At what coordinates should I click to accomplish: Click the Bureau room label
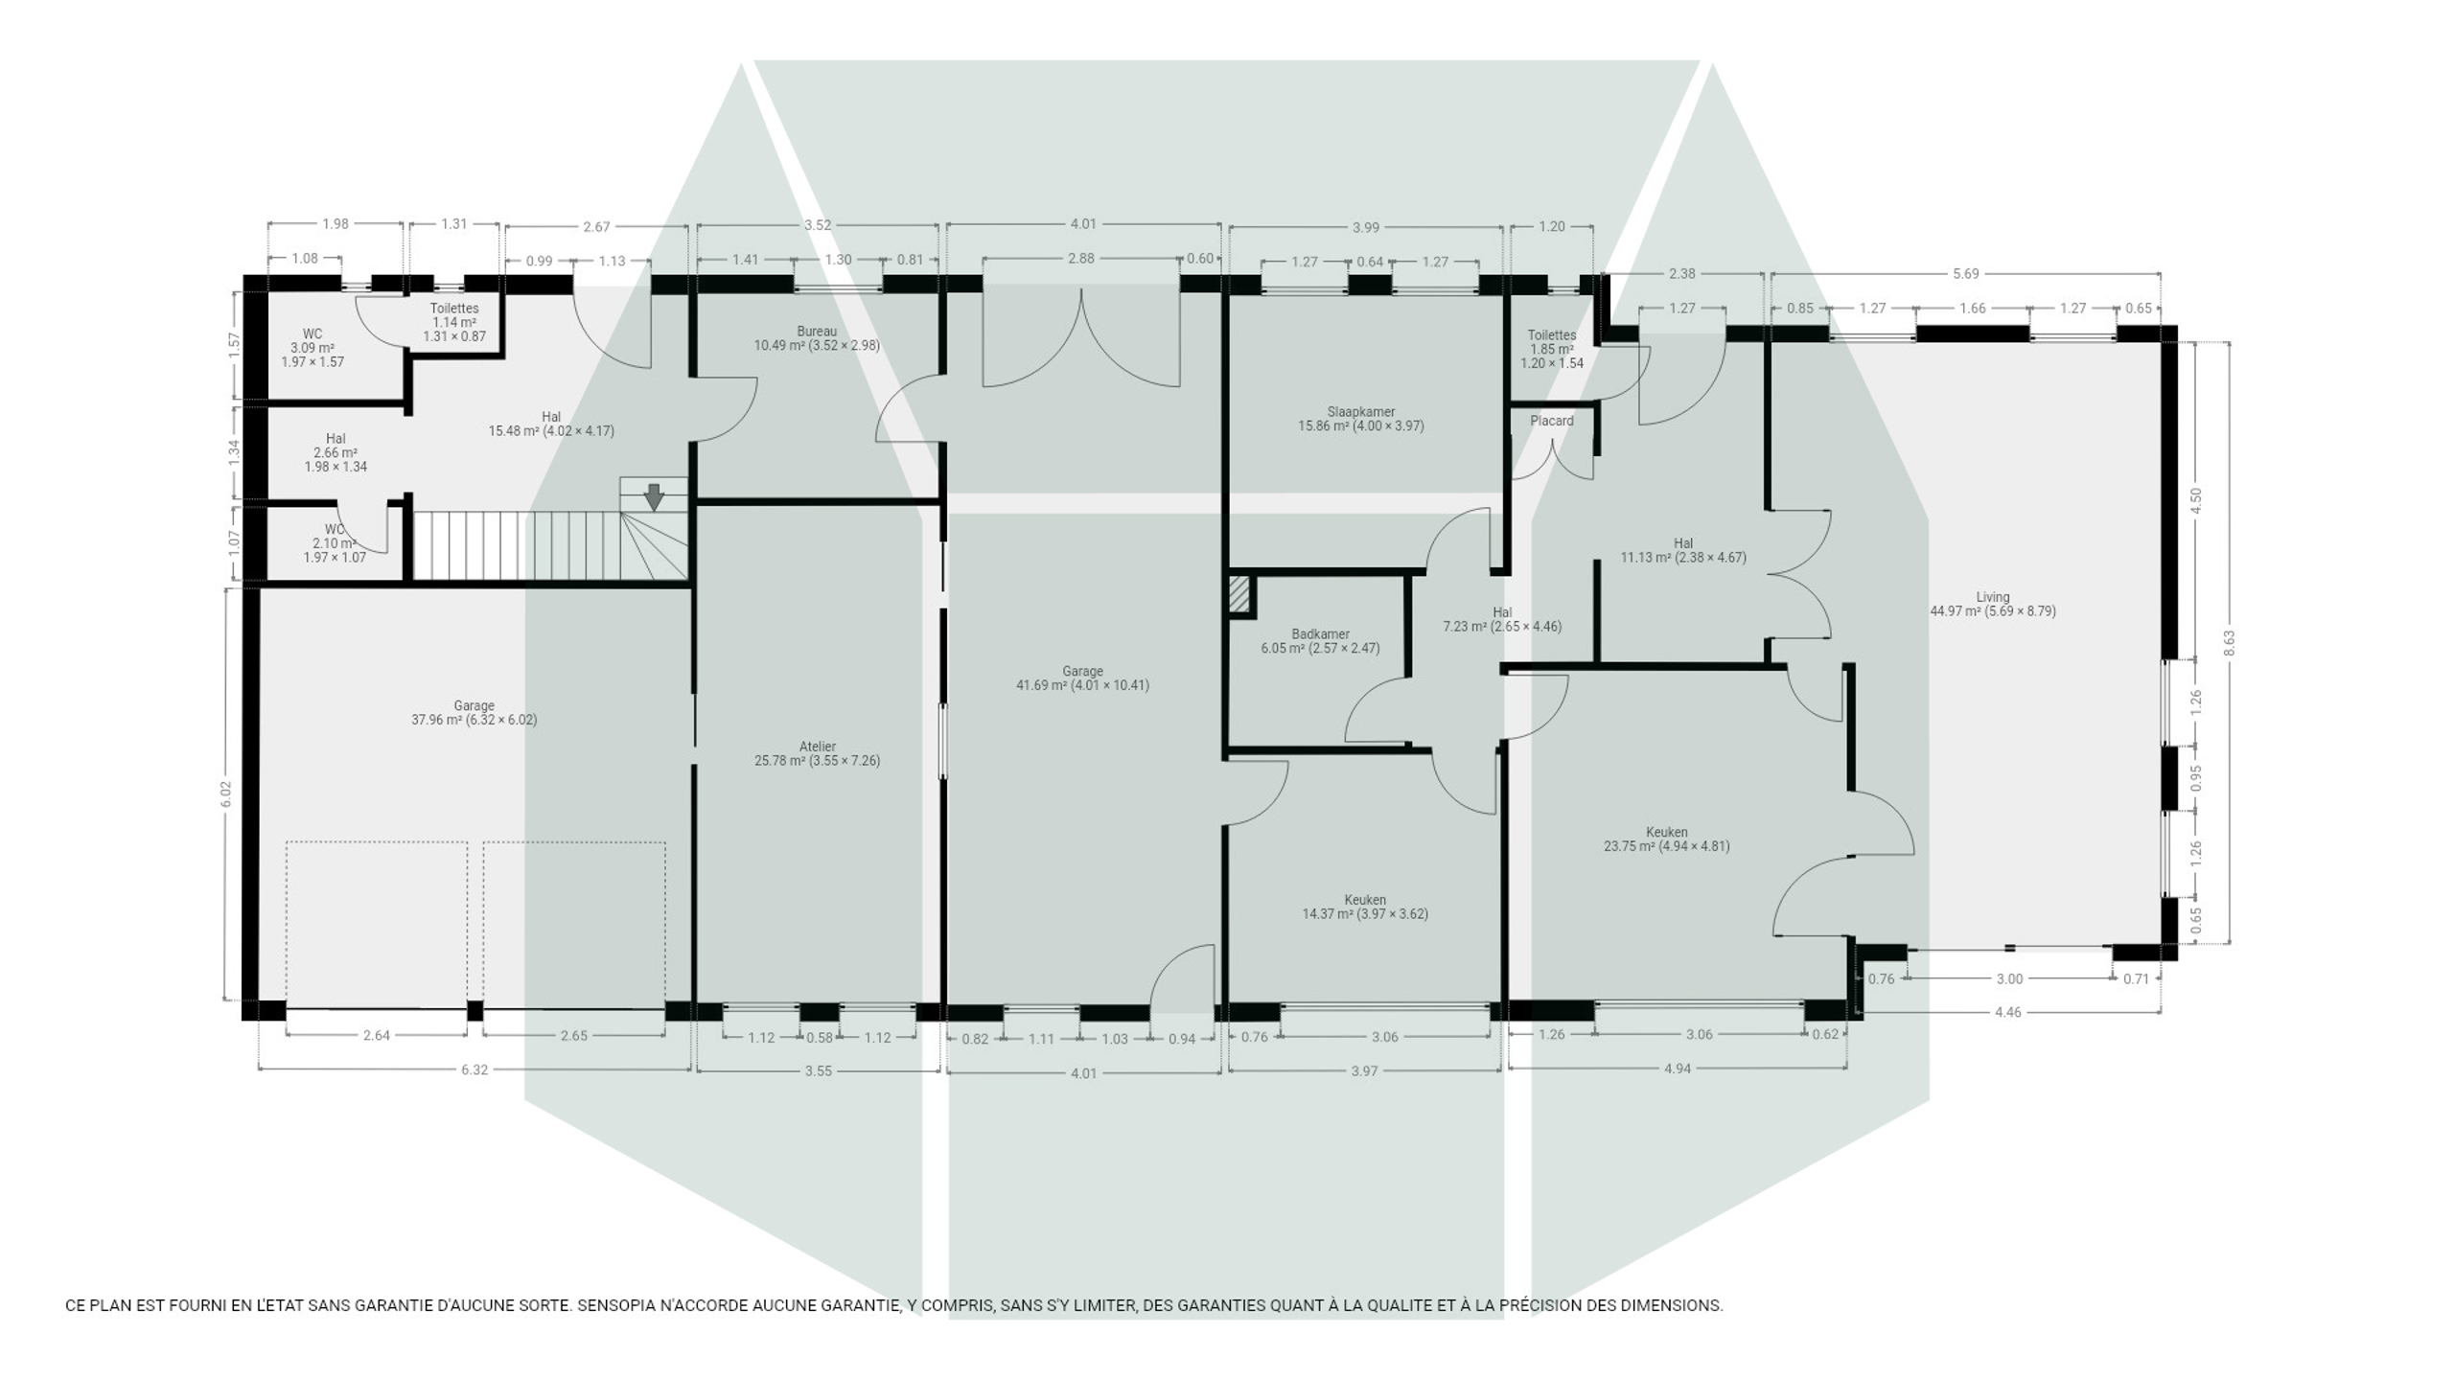point(817,332)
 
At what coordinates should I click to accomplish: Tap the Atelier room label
point(817,747)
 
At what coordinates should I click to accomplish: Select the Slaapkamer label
point(1360,412)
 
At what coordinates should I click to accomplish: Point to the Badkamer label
point(1320,634)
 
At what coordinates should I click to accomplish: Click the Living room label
point(1992,597)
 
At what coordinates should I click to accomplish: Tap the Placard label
point(1551,421)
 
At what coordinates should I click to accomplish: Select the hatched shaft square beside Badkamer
point(1239,593)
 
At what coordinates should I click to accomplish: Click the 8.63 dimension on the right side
point(2229,642)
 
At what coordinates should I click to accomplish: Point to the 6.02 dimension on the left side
point(225,793)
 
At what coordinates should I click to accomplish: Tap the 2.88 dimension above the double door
point(1080,258)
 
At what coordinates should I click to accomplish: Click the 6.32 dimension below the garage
point(474,1069)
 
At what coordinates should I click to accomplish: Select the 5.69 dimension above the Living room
point(1965,273)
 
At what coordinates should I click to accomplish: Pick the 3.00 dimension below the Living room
point(2008,978)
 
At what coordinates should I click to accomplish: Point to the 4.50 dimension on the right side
point(2195,501)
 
